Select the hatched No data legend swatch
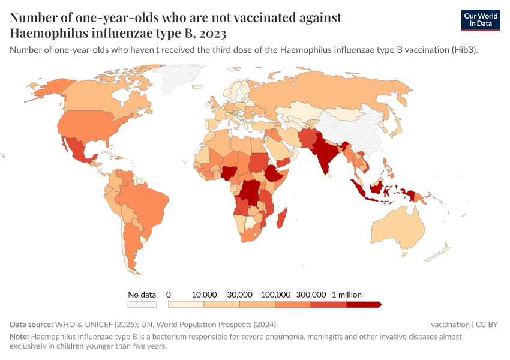(x=142, y=304)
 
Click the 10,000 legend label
(x=204, y=295)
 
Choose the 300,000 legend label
(x=311, y=295)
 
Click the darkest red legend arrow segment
(x=364, y=304)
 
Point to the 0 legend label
(x=169, y=295)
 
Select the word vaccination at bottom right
(x=450, y=325)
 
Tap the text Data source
(x=31, y=325)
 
